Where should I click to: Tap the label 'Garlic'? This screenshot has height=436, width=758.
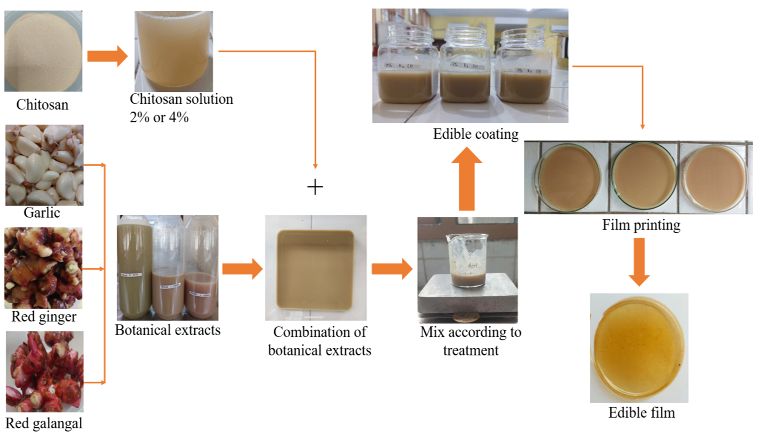[x=42, y=213]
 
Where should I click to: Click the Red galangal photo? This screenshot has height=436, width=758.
[x=44, y=371]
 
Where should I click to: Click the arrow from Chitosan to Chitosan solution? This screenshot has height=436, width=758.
[x=107, y=56]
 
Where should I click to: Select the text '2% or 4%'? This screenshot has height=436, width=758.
[x=159, y=117]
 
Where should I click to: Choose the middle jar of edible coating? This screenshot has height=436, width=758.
[x=465, y=66]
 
